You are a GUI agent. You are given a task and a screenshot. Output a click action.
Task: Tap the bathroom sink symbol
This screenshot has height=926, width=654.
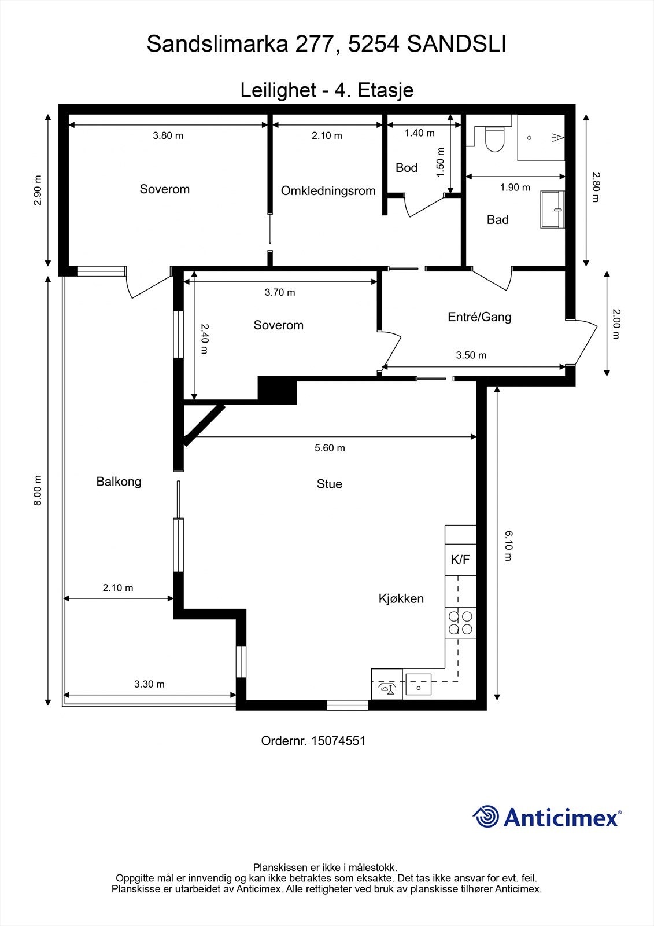coord(552,210)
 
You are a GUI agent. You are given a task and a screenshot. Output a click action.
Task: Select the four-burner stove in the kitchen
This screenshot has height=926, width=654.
coord(460,623)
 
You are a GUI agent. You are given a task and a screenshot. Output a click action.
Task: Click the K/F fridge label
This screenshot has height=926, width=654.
coord(460,560)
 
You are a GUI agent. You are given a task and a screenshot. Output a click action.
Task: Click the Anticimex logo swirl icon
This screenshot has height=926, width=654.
coord(486,817)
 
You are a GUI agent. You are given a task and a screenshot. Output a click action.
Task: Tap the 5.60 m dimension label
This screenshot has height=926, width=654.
coord(330,448)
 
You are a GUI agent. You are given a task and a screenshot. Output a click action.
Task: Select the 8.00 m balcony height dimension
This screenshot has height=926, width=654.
coord(38,490)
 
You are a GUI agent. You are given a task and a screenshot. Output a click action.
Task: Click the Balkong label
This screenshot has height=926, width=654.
coord(119,482)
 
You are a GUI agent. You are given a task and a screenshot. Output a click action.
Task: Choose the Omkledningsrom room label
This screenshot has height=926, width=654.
coord(328,190)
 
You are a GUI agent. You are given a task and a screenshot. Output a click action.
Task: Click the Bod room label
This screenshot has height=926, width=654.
coord(407,167)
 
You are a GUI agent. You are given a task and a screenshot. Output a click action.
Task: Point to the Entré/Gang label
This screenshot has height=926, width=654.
coord(479,317)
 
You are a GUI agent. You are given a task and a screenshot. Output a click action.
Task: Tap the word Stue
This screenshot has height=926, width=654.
coord(329,484)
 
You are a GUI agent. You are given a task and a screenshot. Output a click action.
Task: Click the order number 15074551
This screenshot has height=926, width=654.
coord(338,740)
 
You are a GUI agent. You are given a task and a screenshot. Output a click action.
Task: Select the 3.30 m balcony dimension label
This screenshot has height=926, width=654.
coord(149,684)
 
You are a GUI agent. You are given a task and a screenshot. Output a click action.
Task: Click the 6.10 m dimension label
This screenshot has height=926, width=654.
coord(508,546)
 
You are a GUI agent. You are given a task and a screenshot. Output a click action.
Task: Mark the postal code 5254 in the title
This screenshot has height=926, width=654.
coord(374,44)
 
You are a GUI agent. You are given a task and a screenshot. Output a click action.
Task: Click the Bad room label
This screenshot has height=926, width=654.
coord(497,219)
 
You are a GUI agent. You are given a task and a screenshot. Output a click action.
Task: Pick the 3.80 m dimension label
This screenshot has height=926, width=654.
coord(168,135)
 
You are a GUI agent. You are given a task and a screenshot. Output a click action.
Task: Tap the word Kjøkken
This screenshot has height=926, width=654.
coord(401,598)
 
